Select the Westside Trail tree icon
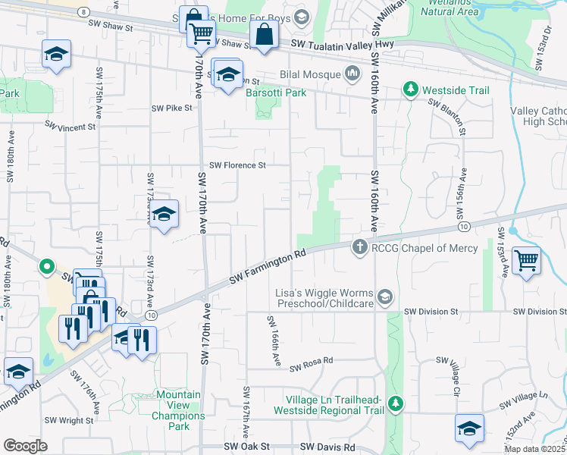[x=411, y=89]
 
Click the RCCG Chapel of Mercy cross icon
[x=360, y=247]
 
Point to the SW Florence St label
[x=238, y=165]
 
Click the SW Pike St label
[x=172, y=108]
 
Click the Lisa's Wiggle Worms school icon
[x=385, y=297]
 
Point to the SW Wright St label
[x=69, y=420]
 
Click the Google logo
[x=25, y=446]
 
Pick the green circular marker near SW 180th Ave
[x=46, y=266]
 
